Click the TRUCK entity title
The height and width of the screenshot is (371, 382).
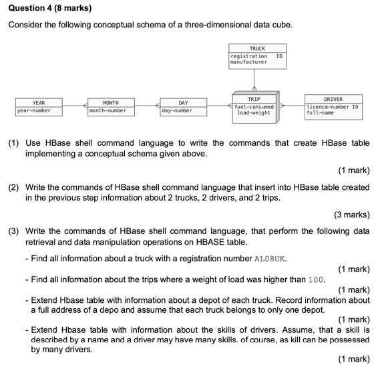(x=257, y=48)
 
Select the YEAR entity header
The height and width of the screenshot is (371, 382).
(x=39, y=103)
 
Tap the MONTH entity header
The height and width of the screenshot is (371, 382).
(x=111, y=103)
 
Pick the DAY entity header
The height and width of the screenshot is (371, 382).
(x=183, y=103)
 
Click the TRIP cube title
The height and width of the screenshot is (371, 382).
(x=254, y=99)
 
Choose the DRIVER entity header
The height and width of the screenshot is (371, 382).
(x=333, y=99)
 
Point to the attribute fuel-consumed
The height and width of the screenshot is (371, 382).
(x=254, y=106)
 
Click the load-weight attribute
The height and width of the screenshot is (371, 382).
(x=254, y=113)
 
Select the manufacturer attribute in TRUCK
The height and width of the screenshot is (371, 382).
(x=248, y=62)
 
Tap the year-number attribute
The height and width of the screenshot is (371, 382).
(x=34, y=110)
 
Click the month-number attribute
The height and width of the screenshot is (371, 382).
(x=108, y=110)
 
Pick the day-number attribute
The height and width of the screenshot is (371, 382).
(x=177, y=110)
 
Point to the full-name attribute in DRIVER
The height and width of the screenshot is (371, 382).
(x=320, y=113)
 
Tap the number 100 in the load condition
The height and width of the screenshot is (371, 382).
(x=316, y=279)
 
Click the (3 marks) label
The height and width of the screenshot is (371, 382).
(x=351, y=215)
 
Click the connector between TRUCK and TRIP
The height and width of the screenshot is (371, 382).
(x=254, y=80)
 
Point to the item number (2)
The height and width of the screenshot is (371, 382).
(x=14, y=188)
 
